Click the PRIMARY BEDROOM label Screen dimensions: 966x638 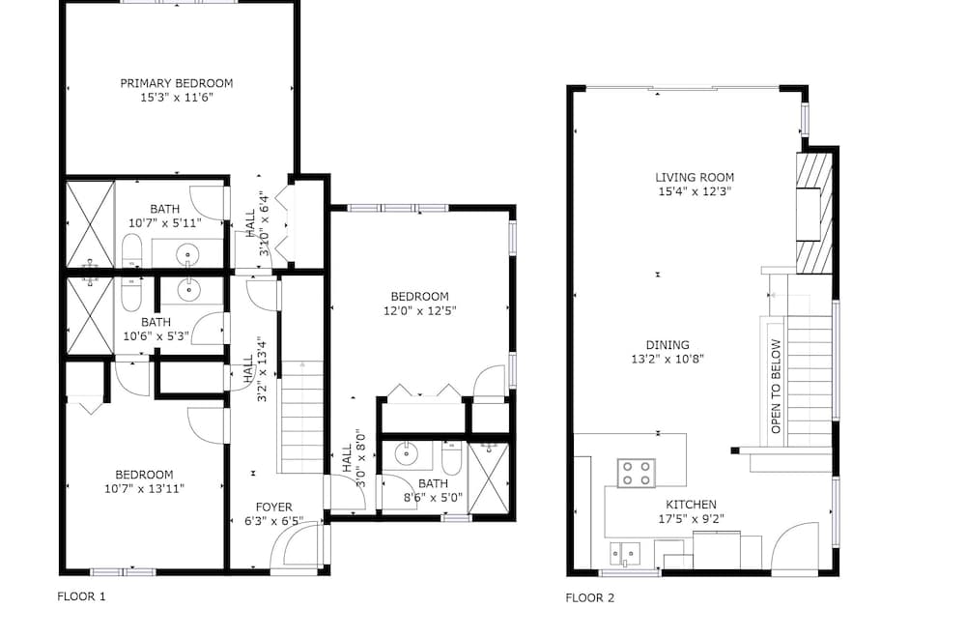pos(177,83)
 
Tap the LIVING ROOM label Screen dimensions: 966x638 pos(695,178)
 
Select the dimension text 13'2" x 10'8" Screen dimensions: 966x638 pos(668,360)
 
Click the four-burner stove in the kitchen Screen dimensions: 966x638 pos(637,473)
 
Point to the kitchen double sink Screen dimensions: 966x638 pos(625,554)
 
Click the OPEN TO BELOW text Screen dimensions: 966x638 pos(776,387)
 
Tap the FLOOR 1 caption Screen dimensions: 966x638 pos(81,596)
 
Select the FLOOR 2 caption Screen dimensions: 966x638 pos(590,598)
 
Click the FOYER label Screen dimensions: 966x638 pos(274,507)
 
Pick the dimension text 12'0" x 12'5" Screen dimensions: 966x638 pos(420,311)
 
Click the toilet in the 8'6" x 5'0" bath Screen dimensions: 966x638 pos(451,458)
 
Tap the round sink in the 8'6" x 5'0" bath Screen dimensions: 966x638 pos(407,454)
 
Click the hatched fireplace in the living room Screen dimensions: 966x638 pos(814,214)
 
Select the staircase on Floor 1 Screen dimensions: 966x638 pos(301,418)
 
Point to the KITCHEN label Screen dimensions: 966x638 pos(692,505)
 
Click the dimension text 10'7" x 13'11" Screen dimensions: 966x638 pos(144,489)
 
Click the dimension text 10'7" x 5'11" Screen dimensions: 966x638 pos(164,223)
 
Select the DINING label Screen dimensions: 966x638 pos(668,345)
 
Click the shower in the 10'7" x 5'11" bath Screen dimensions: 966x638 pos(91,224)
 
